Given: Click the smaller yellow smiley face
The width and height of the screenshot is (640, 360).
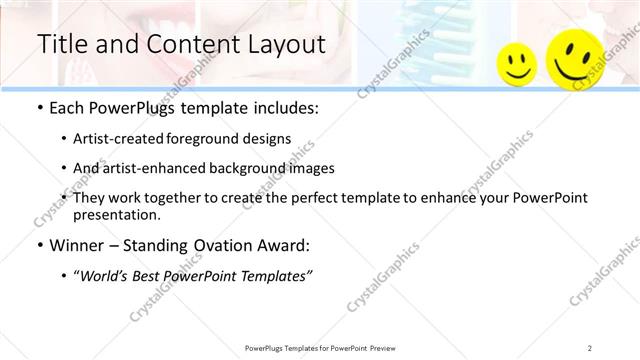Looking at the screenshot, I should click(x=517, y=63).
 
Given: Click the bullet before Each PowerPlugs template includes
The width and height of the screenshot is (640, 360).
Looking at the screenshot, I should click(x=39, y=109).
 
